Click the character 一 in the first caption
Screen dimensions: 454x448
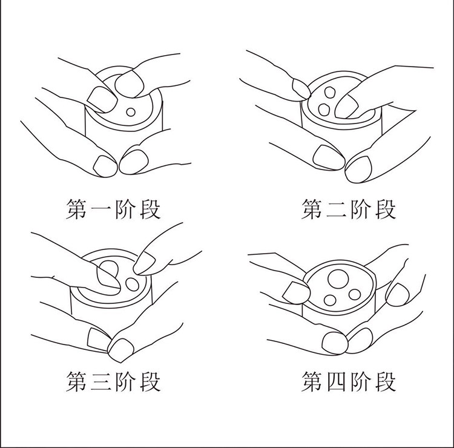point(100,209)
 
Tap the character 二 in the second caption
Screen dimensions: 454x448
point(336,209)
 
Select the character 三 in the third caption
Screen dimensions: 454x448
point(100,381)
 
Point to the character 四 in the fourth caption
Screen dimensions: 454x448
point(336,381)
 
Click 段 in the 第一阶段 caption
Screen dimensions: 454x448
point(150,209)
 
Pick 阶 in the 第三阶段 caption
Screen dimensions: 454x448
point(125,381)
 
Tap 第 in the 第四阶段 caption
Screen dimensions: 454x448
point(312,381)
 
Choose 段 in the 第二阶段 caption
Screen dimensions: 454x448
point(386,209)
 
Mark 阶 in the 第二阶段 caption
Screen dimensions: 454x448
point(361,209)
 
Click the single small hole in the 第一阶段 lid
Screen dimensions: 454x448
point(131,112)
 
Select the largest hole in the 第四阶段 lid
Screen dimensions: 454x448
point(338,279)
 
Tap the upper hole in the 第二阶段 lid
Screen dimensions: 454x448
point(330,93)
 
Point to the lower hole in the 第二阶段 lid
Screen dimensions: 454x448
point(324,110)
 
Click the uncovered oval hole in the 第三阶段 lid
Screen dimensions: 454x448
point(132,285)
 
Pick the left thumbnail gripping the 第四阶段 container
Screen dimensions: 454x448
point(296,292)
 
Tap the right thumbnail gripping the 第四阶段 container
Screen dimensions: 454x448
point(398,294)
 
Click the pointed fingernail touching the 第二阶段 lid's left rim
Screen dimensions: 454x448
point(301,88)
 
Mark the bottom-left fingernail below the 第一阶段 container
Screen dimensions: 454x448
point(105,166)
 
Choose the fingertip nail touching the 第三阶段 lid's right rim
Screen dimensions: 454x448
point(144,263)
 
